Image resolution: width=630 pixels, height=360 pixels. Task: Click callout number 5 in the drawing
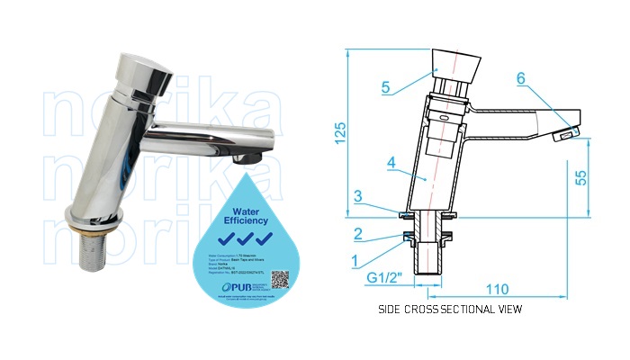pyautogui.click(x=386, y=87)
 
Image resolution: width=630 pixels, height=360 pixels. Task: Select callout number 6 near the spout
pyautogui.click(x=520, y=79)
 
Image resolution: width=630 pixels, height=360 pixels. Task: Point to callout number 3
pyautogui.click(x=358, y=195)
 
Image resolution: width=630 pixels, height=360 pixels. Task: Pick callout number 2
pyautogui.click(x=358, y=234)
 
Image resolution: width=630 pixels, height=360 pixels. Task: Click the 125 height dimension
pyautogui.click(x=339, y=135)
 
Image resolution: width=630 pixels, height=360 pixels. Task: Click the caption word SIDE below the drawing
pyautogui.click(x=391, y=310)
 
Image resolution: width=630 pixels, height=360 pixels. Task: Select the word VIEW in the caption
pyautogui.click(x=507, y=310)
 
